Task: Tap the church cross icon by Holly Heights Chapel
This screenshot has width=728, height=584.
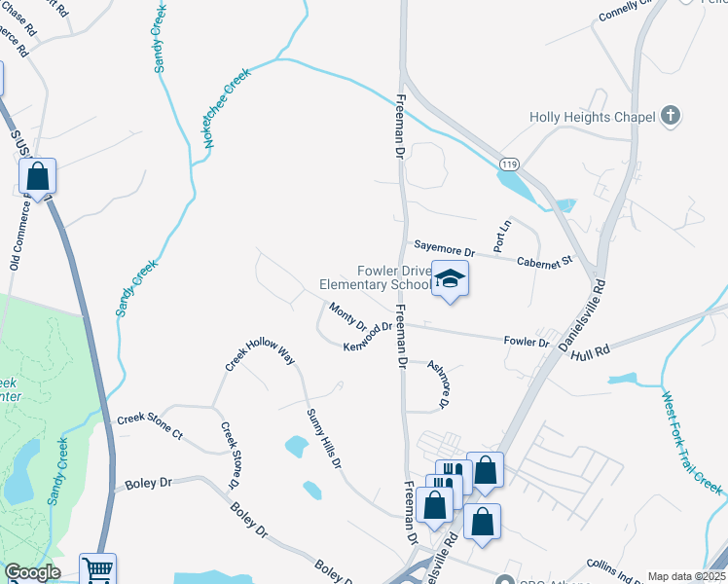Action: (670, 117)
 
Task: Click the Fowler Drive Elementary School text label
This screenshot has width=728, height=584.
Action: (375, 278)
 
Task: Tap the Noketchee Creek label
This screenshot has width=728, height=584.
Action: (227, 107)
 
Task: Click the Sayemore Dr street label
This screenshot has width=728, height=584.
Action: (443, 250)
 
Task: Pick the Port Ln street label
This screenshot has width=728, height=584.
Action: (502, 237)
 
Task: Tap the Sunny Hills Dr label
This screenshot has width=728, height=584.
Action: (324, 439)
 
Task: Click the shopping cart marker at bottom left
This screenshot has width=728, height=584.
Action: (97, 568)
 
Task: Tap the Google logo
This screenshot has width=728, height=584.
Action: (32, 573)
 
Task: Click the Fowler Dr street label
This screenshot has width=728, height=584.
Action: (527, 342)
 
